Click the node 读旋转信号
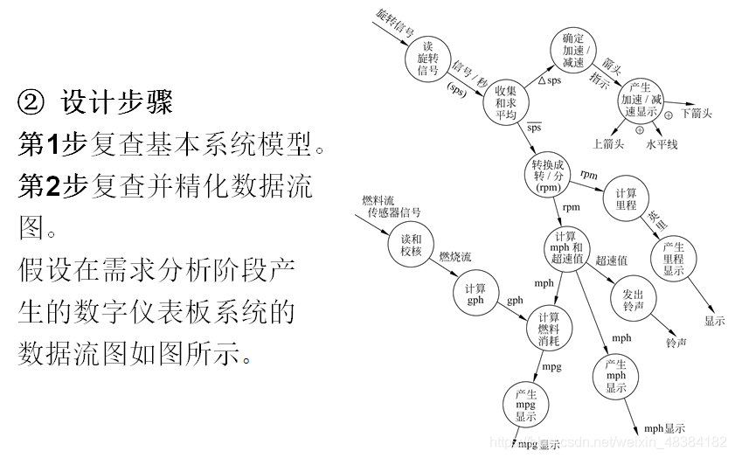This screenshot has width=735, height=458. tap(427, 58)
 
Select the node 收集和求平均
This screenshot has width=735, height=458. tap(506, 102)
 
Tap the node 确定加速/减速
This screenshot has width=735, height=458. tap(573, 51)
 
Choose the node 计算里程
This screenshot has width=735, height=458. tap(626, 199)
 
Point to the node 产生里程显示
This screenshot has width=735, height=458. tap(674, 259)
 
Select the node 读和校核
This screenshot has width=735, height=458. tap(411, 244)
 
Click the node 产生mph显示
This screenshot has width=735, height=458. tap(616, 376)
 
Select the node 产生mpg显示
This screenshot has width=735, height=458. tap(525, 405)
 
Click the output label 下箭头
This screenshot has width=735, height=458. tap(696, 114)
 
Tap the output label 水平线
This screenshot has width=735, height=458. tap(662, 143)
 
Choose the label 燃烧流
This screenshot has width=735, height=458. tap(454, 257)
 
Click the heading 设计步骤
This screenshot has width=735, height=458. tap(116, 102)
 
